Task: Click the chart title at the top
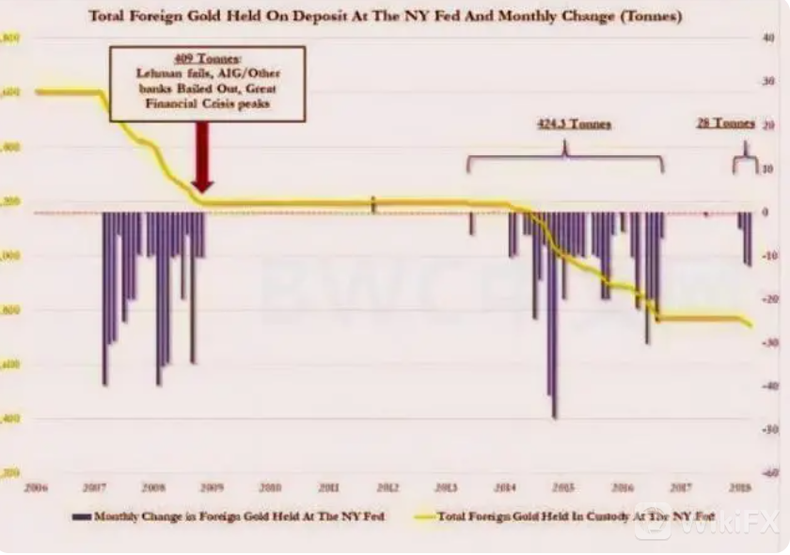386,17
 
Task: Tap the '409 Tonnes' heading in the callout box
208,58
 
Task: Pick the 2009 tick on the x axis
212,487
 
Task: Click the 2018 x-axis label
740,487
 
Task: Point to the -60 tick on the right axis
767,472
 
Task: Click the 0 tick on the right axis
766,213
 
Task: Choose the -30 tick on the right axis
767,342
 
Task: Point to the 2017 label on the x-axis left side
94,487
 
